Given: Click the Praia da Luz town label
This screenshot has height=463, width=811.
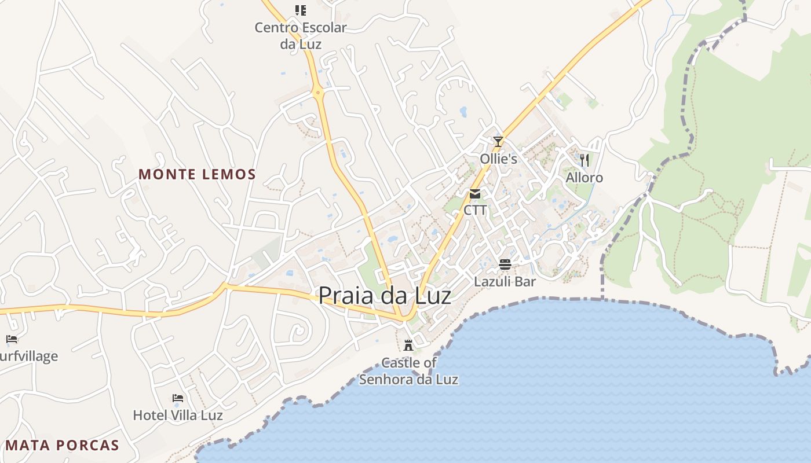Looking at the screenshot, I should click(x=385, y=296).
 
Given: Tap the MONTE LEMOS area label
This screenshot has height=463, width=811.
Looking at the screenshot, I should click(x=197, y=174).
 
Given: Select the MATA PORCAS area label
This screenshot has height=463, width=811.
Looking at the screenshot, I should click(x=62, y=446).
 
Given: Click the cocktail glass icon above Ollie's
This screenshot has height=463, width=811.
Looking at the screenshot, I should click(x=498, y=141).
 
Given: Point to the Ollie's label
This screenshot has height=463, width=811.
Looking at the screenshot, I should click(x=498, y=159).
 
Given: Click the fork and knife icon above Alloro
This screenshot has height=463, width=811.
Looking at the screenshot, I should click(x=584, y=160).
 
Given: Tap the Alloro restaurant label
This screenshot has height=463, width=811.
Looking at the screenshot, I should click(x=584, y=178).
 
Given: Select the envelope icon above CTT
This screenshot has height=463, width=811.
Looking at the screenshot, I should click(x=475, y=194).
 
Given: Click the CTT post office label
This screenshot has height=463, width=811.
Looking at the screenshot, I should click(x=475, y=210).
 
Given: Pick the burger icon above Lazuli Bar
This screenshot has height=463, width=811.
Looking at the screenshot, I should click(x=505, y=265).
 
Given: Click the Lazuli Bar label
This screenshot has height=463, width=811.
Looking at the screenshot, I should click(x=505, y=282).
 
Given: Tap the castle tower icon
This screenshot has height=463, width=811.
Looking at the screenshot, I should click(x=408, y=346).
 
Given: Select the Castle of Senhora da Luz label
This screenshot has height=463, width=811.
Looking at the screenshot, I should click(x=408, y=371).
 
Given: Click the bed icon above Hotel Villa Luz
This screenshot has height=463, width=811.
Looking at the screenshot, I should click(x=178, y=398).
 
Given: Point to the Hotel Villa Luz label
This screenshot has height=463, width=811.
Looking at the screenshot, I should click(x=178, y=415).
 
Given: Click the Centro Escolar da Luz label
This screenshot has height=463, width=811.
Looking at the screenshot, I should click(x=301, y=35).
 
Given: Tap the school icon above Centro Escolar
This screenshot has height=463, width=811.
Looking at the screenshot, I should click(x=300, y=10).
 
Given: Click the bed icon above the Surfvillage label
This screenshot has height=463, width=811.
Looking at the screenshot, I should click(x=12, y=339).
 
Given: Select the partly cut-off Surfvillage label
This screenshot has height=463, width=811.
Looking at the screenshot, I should click(x=29, y=356).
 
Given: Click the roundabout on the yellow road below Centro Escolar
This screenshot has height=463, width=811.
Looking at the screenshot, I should click(x=317, y=92).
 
